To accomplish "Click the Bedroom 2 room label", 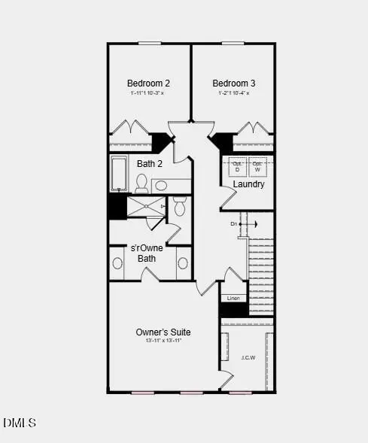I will pos(148,83).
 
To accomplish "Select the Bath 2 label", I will pos(150,163).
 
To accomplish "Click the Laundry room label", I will pos(248,184).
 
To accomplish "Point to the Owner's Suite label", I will pos(163,332).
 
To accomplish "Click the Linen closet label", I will pos(233,299).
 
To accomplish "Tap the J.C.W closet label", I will pos(248,357).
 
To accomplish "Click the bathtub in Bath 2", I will pos(119,174).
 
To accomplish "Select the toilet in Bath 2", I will pos(141,182).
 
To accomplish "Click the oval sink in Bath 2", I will pos(162,185).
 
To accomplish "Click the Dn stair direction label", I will pos(234,223).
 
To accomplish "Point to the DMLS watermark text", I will pos(20,423).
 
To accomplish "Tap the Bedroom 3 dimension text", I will pos(233,93).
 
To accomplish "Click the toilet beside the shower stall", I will pos(179,207).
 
